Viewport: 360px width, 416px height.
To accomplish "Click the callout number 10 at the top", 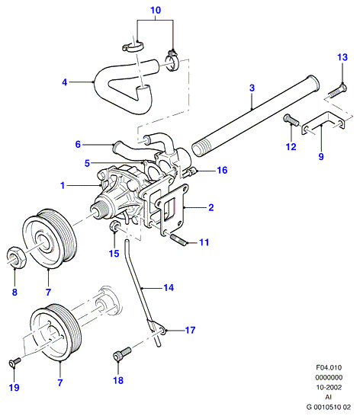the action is (x=156, y=10).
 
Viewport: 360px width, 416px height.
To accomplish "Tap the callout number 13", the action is (x=342, y=57).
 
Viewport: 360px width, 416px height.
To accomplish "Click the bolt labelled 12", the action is (x=291, y=121).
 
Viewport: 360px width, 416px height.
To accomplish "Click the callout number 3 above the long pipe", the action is (x=252, y=88).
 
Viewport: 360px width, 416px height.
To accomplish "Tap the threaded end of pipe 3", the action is (x=200, y=149).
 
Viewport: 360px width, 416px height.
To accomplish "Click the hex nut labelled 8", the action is (x=16, y=257).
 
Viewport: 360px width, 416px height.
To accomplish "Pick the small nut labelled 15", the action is (x=114, y=226).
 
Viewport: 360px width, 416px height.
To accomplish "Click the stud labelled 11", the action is (x=178, y=238).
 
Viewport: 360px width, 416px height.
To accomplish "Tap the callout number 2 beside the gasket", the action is (x=211, y=207).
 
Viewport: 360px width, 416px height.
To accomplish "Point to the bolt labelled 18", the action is (x=122, y=354).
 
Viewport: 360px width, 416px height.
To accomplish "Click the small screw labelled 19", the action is (x=15, y=362).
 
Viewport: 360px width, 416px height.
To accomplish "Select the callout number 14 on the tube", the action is (x=169, y=287).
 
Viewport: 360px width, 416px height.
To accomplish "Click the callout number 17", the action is (x=190, y=330).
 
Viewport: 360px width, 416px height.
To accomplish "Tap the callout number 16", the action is (x=222, y=170).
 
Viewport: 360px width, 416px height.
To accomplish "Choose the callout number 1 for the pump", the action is (x=63, y=185).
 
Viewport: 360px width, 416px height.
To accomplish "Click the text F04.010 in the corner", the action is (x=329, y=367).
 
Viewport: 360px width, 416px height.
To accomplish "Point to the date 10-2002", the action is (x=329, y=387).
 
